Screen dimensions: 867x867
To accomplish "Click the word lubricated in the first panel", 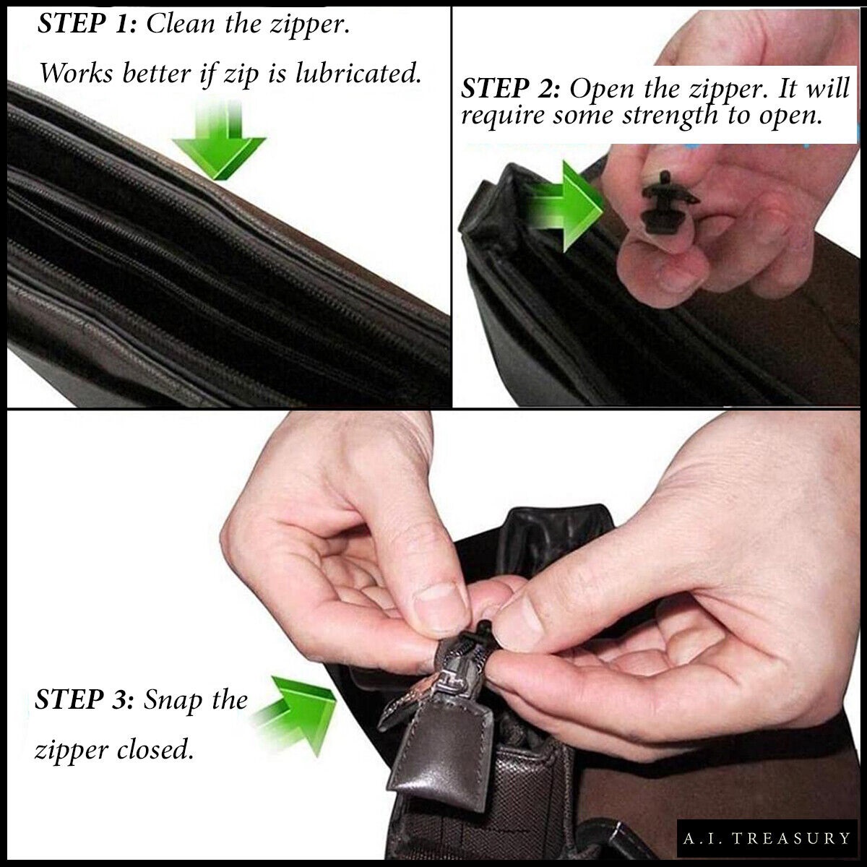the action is click(358, 73).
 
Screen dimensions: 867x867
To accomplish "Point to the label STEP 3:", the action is click(85, 699).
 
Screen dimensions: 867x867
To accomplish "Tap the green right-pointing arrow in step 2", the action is click(565, 207).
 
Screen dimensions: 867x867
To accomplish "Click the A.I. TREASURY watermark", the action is click(767, 838).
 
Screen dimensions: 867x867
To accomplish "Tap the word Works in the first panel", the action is click(76, 72).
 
